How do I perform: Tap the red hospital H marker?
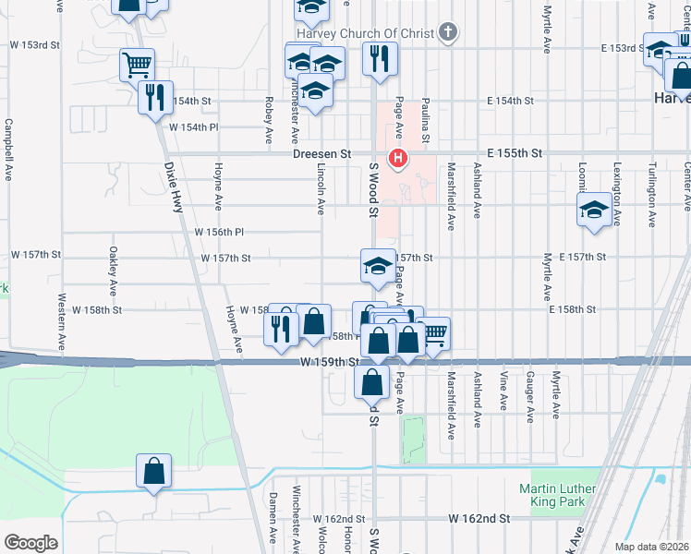[398, 159]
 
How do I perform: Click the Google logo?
[30, 542]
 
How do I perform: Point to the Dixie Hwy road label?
[174, 188]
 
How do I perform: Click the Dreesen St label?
[322, 153]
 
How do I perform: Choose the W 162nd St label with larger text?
[480, 520]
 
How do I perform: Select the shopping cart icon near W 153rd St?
[136, 65]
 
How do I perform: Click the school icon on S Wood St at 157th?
[376, 266]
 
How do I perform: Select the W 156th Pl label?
[217, 233]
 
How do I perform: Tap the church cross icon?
[448, 34]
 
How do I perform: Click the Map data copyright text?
[652, 546]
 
